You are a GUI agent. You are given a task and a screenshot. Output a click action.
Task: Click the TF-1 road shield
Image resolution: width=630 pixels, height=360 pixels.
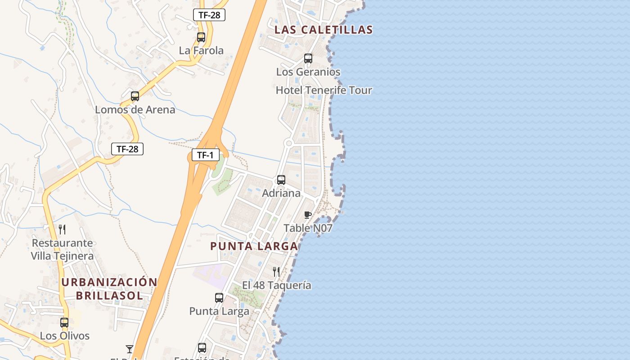205,155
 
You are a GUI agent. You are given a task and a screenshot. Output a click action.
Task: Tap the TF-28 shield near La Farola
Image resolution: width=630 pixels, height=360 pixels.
209,15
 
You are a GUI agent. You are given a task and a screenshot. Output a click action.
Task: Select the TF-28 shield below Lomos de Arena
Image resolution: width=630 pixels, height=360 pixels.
127,149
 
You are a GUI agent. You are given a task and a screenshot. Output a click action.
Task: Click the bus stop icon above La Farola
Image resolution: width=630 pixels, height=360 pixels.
201,37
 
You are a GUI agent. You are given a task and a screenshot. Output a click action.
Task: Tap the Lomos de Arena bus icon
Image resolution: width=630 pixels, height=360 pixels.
135,96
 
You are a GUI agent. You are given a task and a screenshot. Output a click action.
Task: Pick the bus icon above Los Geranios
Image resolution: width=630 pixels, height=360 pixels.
308,58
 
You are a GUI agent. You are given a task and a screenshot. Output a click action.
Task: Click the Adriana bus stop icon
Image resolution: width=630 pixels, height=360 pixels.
281,180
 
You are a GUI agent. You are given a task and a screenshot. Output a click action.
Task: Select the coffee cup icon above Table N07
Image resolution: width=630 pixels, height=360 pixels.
308,215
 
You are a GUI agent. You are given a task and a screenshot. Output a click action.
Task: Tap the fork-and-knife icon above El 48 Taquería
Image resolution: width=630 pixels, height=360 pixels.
276,272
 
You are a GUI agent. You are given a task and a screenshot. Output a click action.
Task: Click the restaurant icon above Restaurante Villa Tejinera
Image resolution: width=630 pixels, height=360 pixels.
62,229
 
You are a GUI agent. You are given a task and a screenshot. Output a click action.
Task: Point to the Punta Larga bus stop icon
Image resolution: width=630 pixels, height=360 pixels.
219,298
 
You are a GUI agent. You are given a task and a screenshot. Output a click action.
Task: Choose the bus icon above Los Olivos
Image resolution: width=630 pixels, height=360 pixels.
64,323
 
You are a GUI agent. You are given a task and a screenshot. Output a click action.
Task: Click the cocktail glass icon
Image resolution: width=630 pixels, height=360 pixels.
130,349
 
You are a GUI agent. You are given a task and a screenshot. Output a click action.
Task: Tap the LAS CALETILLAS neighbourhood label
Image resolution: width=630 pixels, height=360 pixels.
324,30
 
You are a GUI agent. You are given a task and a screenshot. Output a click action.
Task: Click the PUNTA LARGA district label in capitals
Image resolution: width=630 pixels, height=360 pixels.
254,247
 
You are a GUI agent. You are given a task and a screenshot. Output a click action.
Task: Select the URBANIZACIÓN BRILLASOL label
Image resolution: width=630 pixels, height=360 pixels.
109,289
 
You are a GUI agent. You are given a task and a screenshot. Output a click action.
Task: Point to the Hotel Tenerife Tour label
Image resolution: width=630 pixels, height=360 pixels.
324,90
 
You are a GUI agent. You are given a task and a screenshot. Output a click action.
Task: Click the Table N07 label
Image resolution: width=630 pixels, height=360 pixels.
308,228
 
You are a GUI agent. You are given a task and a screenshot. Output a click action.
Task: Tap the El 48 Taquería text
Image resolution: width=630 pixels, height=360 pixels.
276,285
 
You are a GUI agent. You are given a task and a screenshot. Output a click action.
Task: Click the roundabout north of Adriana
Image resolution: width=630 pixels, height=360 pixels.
289,143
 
